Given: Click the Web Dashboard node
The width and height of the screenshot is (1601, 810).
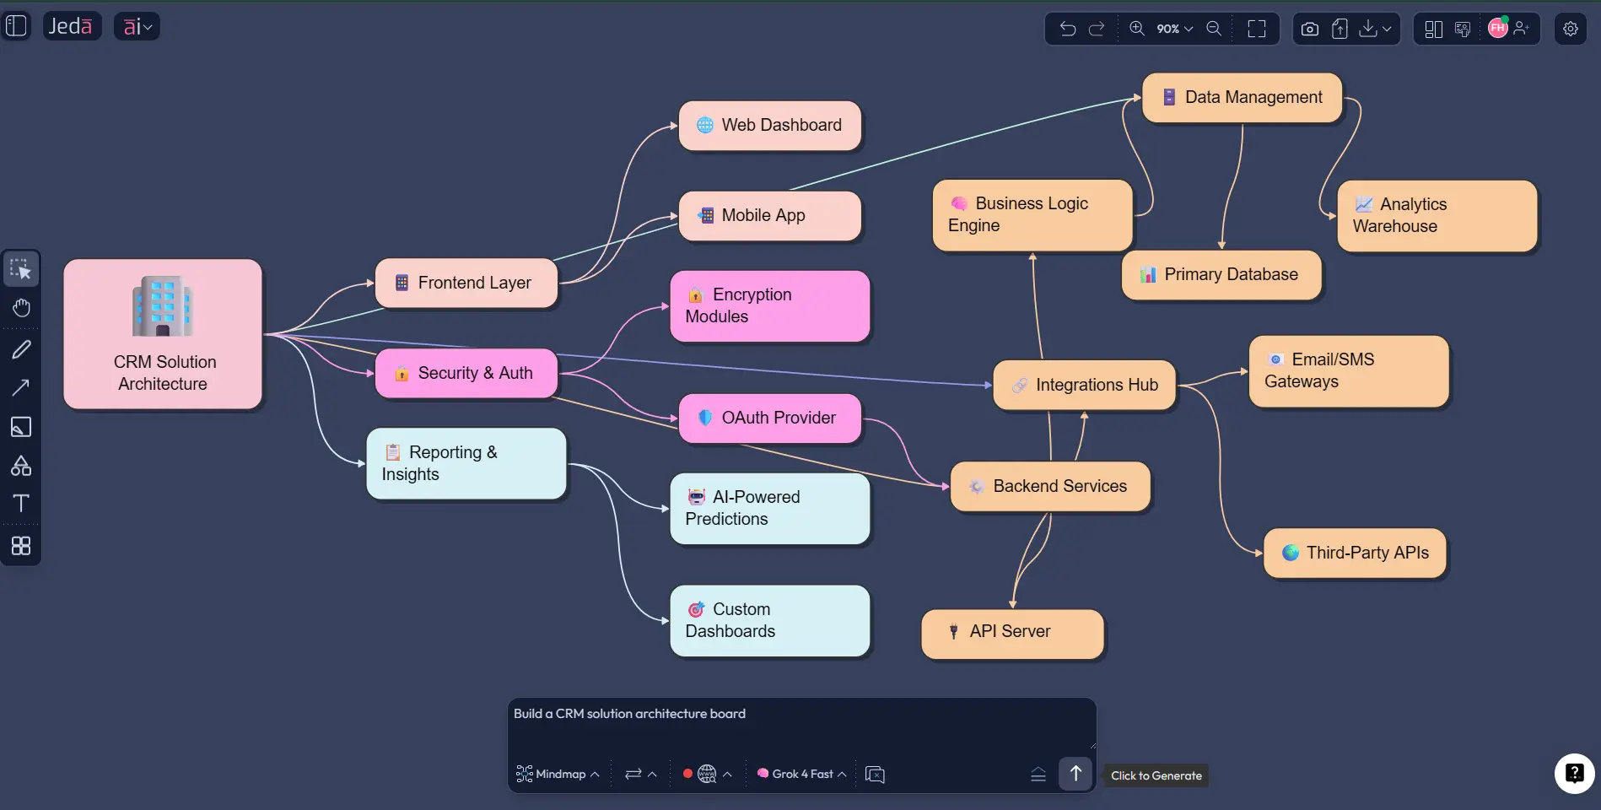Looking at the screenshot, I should coord(770,126).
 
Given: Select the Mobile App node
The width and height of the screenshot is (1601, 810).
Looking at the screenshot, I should coord(770,216).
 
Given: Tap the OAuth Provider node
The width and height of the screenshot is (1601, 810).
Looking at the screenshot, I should coord(770,418).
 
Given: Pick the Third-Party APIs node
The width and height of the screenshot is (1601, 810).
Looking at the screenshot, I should coord(1355,553).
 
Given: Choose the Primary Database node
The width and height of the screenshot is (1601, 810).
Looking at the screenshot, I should coord(1221,275).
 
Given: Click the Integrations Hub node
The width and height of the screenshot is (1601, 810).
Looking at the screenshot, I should coord(1085,386).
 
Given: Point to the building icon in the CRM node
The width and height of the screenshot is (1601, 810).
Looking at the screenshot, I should coord(163,306).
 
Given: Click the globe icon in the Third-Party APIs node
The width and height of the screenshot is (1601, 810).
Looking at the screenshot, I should coord(1291,553).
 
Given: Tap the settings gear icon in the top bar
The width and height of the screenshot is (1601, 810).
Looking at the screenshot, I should coord(1570,29).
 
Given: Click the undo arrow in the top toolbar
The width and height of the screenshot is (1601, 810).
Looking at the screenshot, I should coord(1068,29).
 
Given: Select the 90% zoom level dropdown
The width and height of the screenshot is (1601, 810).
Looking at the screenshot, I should coord(1174,29).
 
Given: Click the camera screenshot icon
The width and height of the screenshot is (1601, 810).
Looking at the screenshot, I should coord(1309,29).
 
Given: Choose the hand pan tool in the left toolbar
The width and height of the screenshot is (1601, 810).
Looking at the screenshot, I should coord(21,308).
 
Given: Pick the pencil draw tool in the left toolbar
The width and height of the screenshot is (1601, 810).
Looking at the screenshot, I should coord(21,348).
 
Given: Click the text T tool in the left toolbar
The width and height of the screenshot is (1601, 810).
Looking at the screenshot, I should coord(21,504).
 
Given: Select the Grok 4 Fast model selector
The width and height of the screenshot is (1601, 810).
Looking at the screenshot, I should coord(801,774).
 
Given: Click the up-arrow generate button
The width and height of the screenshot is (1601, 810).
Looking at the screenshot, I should coord(1075,773).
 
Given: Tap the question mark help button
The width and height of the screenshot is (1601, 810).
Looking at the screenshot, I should coord(1574,773).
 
